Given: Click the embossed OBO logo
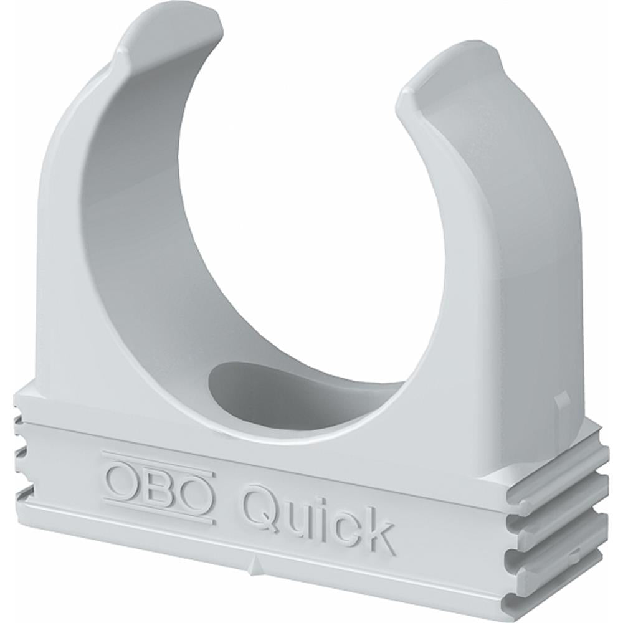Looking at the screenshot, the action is (159, 485).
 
